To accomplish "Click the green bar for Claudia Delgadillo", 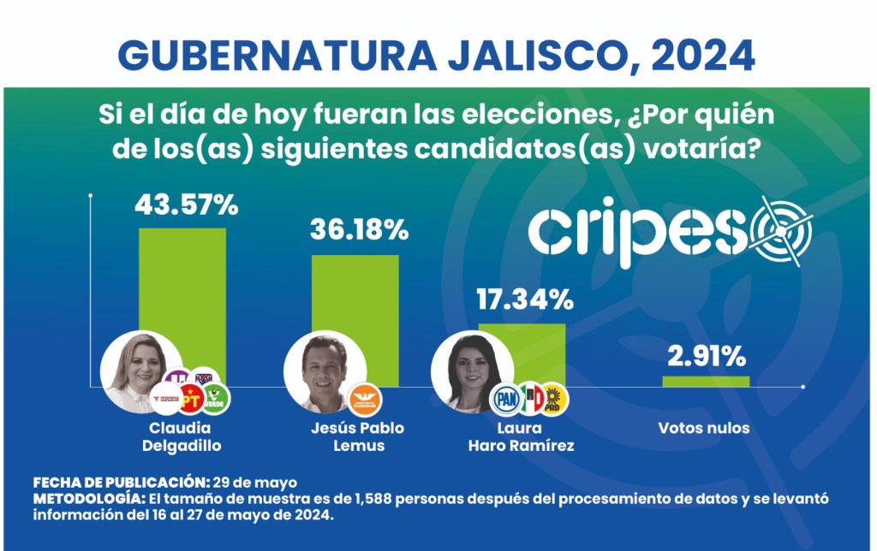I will pyautogui.click(x=182, y=291).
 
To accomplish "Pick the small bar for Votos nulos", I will pyautogui.click(x=706, y=382).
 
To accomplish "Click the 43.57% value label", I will pyautogui.click(x=186, y=204).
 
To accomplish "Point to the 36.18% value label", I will pyautogui.click(x=359, y=230).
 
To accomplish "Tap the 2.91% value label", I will pyautogui.click(x=706, y=355).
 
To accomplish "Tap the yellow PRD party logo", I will pyautogui.click(x=555, y=399).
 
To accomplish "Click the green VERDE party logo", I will pyautogui.click(x=215, y=399).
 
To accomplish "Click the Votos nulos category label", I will pyautogui.click(x=703, y=429).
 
